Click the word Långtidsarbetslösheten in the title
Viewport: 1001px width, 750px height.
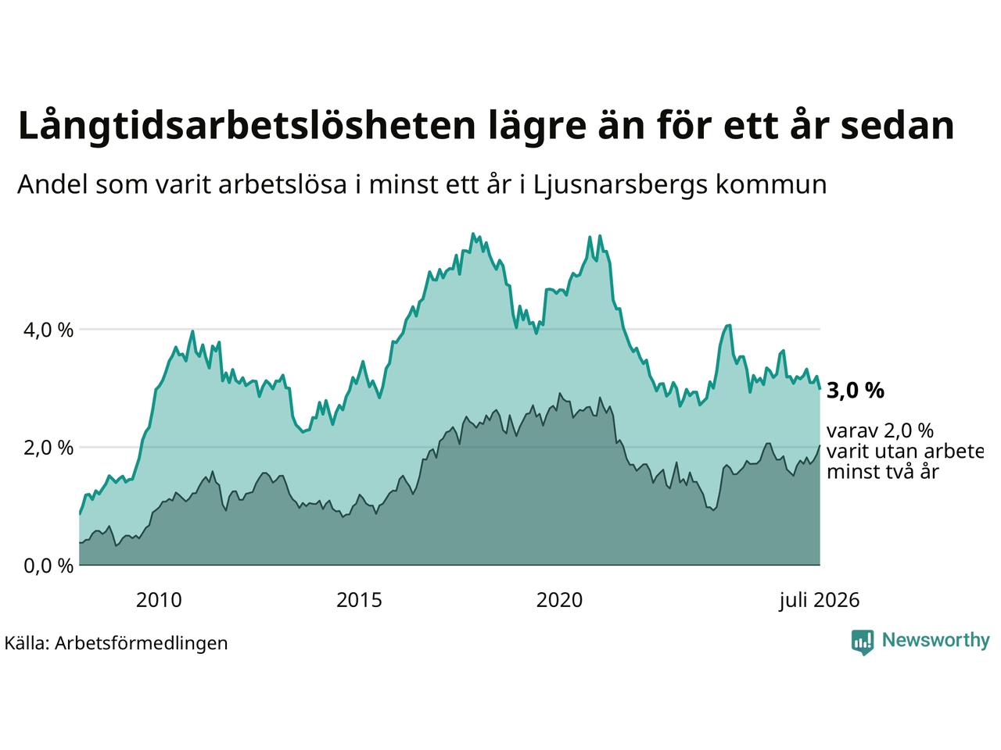(x=246, y=126)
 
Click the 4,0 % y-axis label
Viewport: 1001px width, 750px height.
(x=48, y=330)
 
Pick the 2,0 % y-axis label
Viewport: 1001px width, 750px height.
(x=48, y=448)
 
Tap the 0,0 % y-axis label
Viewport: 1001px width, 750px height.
(x=48, y=566)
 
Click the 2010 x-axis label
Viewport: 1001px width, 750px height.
(x=159, y=601)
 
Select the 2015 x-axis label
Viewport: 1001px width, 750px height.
(x=359, y=601)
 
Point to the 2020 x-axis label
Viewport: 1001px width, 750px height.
(x=559, y=601)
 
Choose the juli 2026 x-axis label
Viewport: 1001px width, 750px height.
(x=819, y=601)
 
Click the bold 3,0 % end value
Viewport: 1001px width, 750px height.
(x=855, y=391)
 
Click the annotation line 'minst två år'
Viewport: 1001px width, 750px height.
(x=883, y=471)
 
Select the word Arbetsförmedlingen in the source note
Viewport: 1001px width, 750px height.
(x=141, y=644)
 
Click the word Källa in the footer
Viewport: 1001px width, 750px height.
(x=27, y=643)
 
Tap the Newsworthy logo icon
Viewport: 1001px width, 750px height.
(x=863, y=642)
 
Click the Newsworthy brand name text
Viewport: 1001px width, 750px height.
(x=936, y=641)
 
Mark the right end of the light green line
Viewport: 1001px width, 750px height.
(x=820, y=388)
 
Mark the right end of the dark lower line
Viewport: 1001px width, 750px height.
(x=820, y=445)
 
